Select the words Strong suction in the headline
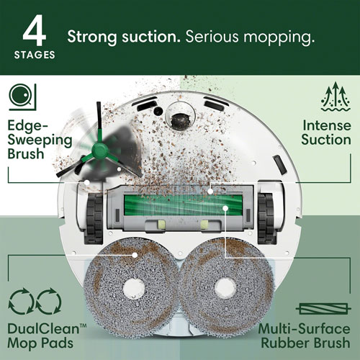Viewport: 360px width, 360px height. tap(115, 36)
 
